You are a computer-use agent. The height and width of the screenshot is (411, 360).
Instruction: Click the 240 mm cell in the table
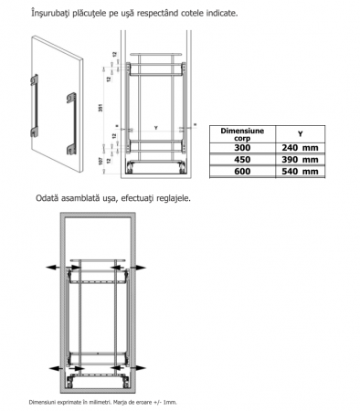click(x=300, y=148)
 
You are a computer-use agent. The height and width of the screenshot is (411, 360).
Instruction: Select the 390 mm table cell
click(x=300, y=160)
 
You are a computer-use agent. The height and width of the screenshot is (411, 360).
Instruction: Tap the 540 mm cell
click(x=300, y=171)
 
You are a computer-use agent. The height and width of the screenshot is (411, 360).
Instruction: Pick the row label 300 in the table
click(x=242, y=148)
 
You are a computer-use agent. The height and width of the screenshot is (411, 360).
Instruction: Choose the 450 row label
click(x=242, y=160)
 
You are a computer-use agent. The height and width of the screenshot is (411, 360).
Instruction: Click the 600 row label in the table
click(x=242, y=171)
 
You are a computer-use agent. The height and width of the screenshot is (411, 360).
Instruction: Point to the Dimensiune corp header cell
click(x=242, y=134)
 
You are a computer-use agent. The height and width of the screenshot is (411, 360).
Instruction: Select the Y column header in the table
click(x=301, y=134)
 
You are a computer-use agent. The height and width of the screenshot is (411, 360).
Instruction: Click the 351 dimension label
click(x=101, y=108)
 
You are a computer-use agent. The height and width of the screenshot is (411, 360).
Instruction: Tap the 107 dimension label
click(x=101, y=162)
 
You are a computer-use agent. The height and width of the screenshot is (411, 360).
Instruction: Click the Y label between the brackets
click(x=156, y=128)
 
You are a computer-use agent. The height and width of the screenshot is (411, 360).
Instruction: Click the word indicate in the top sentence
click(x=222, y=14)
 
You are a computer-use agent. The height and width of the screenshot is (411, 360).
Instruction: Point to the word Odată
click(x=48, y=198)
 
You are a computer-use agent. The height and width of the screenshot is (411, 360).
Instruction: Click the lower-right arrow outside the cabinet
click(x=140, y=368)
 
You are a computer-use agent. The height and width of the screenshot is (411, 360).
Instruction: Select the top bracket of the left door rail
click(x=34, y=79)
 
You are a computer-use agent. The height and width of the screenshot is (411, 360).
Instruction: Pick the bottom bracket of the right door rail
click(x=71, y=149)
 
